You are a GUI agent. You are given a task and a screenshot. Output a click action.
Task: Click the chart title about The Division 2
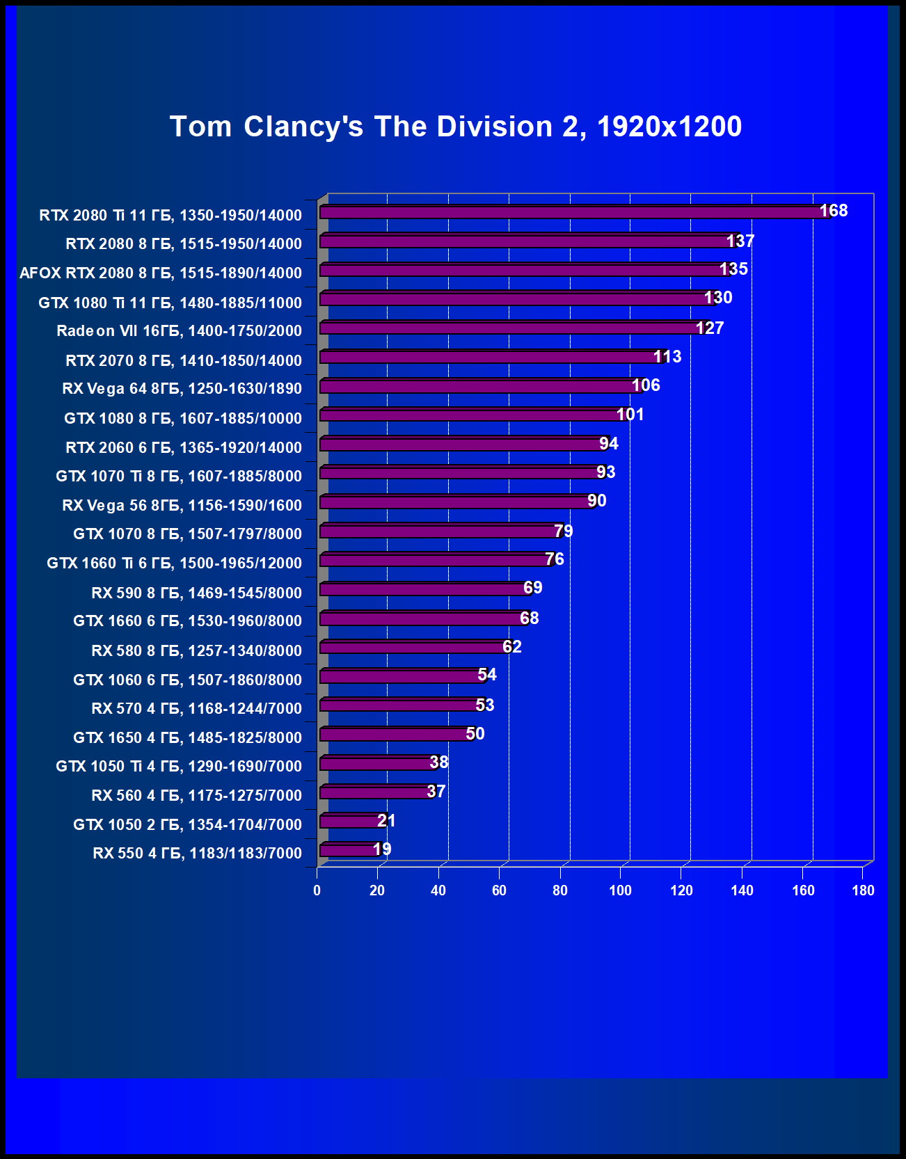point(456,127)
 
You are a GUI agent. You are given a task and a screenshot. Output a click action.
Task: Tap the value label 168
point(834,211)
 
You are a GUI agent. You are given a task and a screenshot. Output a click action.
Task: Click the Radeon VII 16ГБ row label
point(179,331)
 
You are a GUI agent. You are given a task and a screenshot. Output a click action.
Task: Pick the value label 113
point(667,357)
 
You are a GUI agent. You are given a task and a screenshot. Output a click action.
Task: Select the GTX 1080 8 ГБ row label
point(183,418)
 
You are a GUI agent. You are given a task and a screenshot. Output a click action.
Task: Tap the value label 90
point(597,501)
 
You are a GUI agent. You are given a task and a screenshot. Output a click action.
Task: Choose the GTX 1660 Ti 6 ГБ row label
point(174,563)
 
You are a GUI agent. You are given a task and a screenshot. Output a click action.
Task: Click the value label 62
point(512,647)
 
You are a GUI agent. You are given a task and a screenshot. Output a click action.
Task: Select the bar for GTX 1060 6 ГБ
point(400,676)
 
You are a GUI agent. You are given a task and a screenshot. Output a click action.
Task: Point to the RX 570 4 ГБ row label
point(196,708)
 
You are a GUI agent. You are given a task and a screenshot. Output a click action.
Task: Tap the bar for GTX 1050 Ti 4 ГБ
point(376,763)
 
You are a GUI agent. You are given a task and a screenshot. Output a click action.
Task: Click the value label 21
point(386,821)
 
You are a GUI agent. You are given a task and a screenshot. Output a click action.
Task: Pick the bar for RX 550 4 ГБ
point(348,849)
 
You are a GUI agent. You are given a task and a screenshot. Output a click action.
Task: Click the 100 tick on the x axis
point(621,890)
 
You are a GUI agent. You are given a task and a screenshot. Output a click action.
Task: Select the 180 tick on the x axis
point(863,890)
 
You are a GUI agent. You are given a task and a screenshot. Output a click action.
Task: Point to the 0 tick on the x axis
point(317,890)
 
